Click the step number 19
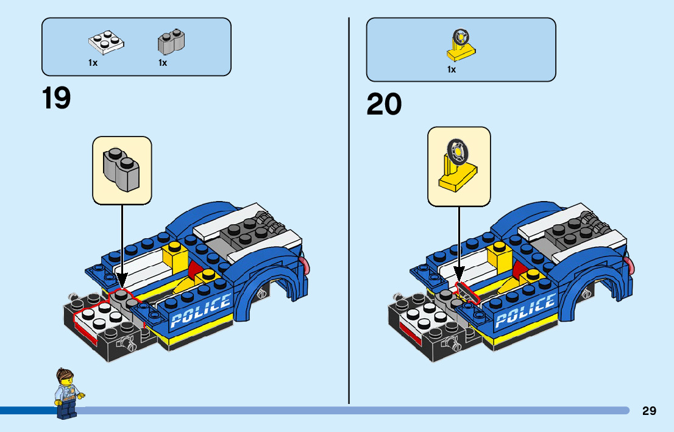point(57,98)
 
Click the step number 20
point(384,104)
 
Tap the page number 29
point(649,411)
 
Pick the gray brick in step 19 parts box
point(171,41)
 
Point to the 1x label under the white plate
point(93,63)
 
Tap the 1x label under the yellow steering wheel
point(452,69)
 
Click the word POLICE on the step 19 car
point(201,311)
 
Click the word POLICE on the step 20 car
point(525,310)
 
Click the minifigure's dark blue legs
point(64,409)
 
